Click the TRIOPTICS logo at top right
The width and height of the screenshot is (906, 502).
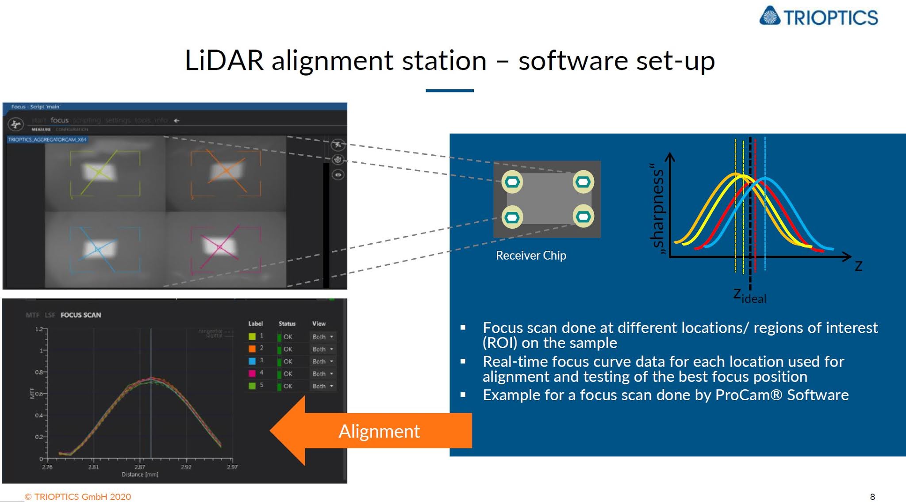(819, 17)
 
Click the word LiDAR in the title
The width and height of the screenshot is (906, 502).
(224, 61)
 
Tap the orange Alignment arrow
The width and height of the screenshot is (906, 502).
(372, 431)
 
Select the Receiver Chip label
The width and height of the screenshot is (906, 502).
(530, 256)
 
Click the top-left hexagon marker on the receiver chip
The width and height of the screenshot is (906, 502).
(512, 182)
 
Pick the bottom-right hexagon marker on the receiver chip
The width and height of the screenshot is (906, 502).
(583, 216)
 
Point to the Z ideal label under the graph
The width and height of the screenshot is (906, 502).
(749, 296)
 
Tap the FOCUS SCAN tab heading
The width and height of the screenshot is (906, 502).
(81, 315)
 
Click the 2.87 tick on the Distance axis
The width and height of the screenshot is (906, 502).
(140, 467)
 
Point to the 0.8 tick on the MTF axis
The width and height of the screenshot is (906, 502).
(39, 372)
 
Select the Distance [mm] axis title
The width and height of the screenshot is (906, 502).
(140, 475)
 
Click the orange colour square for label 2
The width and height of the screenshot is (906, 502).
(252, 349)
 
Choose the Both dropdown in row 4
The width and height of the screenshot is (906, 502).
(322, 374)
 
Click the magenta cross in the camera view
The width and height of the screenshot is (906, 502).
(219, 247)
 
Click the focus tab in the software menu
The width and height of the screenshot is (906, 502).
(59, 120)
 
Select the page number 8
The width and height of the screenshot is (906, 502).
(872, 497)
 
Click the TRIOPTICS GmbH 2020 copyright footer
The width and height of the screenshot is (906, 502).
(78, 497)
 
